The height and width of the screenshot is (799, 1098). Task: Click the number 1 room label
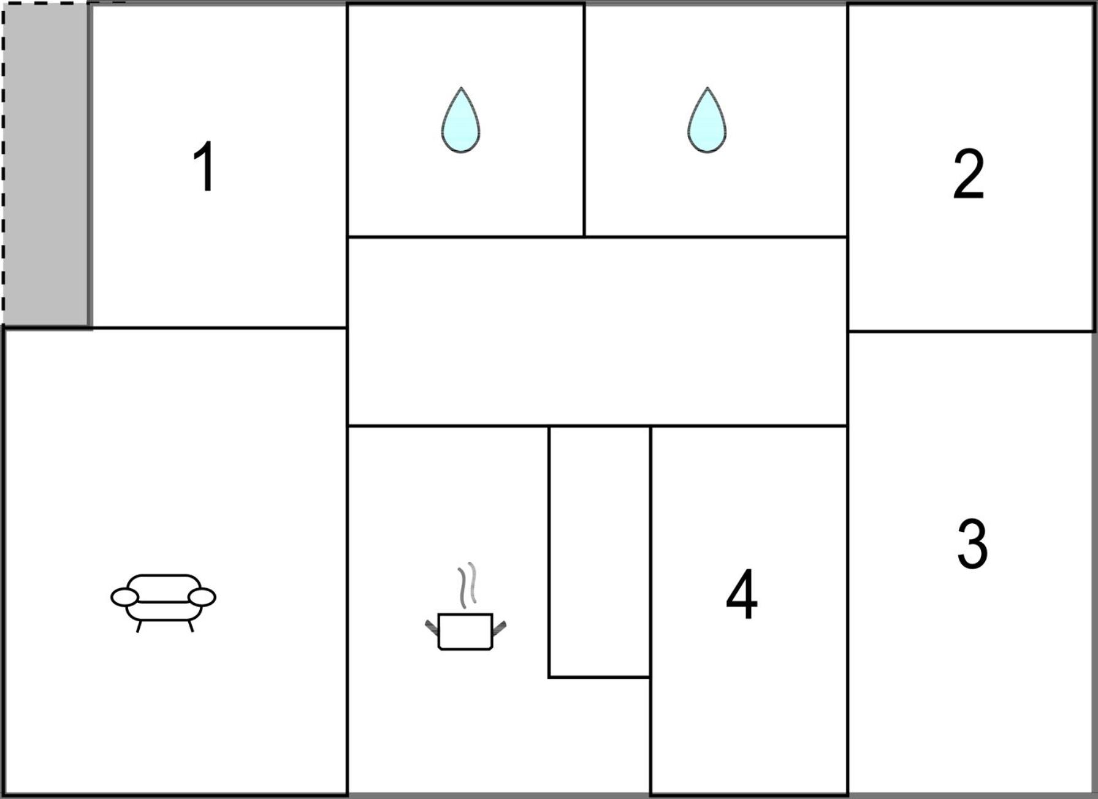204,166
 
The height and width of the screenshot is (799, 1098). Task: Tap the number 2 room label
969,174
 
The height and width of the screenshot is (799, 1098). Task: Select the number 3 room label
972,543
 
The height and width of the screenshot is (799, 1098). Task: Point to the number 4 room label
742,594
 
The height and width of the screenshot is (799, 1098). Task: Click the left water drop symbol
460,120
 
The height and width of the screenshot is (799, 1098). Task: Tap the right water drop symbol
707,120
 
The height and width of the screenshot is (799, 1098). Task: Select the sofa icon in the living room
163,602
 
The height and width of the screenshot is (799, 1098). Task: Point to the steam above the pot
467,585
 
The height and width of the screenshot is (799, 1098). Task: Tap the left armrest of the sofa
124,597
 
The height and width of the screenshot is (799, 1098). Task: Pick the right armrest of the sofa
202,597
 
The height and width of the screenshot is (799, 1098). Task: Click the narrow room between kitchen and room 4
599,551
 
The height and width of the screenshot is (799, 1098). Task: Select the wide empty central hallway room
597,331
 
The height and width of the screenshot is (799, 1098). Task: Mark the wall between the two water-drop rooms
584,120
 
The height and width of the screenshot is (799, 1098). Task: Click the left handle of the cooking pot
432,627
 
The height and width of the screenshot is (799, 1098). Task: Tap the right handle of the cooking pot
500,627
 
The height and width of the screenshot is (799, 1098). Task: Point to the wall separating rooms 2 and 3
971,331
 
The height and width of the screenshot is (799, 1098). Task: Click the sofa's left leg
139,626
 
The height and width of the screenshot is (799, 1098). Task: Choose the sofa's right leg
191,626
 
